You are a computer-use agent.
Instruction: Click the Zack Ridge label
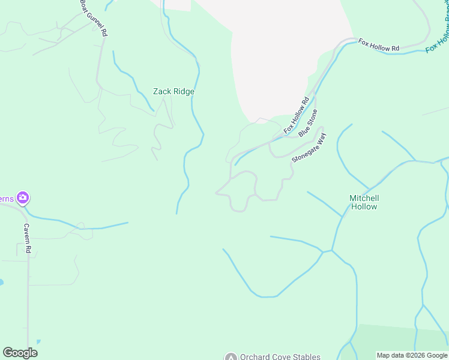point(173,92)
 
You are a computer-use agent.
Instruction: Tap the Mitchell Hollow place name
point(364,202)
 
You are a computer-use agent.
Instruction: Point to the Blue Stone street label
point(308,122)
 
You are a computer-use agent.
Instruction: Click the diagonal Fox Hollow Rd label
point(297,115)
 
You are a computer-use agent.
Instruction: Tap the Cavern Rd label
point(26,239)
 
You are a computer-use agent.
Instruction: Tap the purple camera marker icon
point(23,197)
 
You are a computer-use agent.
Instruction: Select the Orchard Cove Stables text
point(280,356)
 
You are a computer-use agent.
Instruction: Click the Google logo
point(20,352)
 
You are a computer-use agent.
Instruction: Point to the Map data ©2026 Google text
point(412,355)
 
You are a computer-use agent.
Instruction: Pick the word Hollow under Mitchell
point(364,206)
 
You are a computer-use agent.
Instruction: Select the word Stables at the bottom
point(306,356)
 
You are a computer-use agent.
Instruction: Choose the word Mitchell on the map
point(364,198)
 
